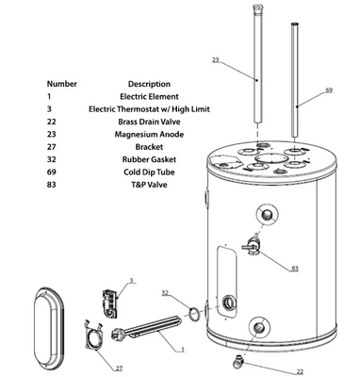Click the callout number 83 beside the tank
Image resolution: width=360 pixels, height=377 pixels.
295,269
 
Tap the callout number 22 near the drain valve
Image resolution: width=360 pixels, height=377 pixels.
300,371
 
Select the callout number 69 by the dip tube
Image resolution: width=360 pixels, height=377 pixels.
329,90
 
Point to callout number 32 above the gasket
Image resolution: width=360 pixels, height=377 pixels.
165,293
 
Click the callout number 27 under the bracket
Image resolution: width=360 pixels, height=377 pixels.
119,369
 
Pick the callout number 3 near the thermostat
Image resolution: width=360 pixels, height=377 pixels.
132,280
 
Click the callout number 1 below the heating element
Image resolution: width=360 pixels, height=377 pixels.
183,350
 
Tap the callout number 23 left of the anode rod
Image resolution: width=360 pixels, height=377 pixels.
216,59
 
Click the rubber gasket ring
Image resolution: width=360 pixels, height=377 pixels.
194,313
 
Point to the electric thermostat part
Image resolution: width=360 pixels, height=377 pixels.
109,302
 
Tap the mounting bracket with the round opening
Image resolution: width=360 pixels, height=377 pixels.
94,336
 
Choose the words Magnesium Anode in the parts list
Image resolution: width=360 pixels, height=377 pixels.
149,135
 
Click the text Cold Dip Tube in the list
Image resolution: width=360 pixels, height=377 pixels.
149,172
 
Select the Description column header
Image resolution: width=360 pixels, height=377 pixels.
149,84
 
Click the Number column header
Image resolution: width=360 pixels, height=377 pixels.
62,84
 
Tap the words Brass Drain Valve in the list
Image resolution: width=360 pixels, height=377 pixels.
149,122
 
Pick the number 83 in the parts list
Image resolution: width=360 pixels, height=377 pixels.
52,185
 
